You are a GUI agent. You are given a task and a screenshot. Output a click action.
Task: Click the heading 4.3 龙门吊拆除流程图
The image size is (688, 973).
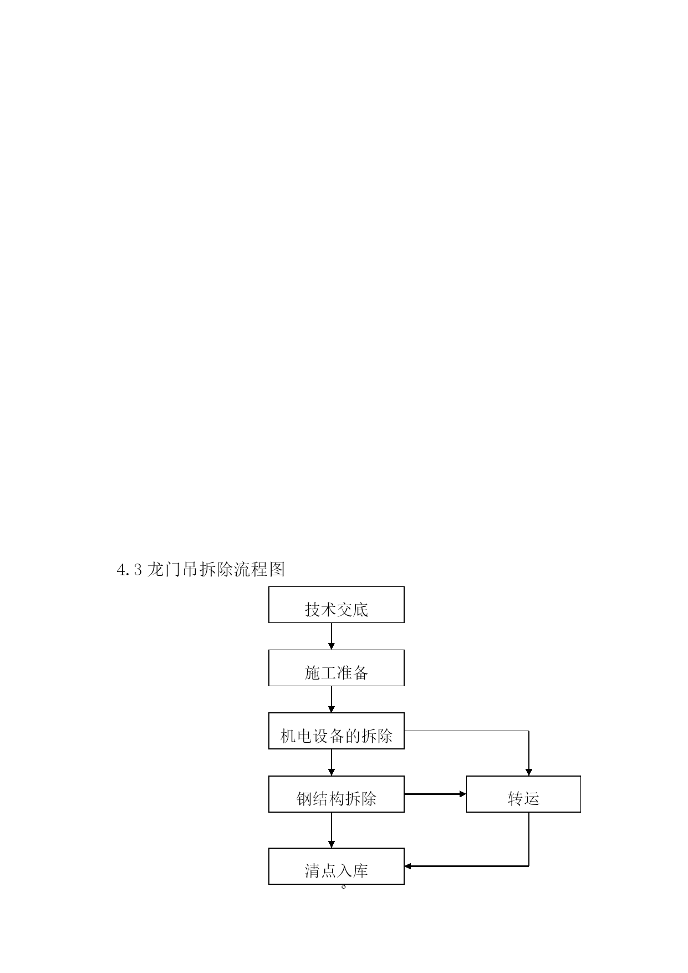(201, 569)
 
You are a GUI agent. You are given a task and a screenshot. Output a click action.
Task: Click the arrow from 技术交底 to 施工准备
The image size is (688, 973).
(332, 636)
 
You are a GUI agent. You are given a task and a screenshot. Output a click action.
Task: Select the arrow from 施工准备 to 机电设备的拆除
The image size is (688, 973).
(332, 700)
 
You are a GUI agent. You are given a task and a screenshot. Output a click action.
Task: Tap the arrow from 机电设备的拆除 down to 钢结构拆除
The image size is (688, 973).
(332, 763)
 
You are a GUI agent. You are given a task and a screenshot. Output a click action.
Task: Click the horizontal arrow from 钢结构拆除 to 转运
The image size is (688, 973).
(435, 794)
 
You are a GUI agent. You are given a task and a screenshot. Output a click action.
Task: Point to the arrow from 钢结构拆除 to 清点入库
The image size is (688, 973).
(332, 830)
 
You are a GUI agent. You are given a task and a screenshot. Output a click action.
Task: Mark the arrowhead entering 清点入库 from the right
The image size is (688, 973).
(407, 866)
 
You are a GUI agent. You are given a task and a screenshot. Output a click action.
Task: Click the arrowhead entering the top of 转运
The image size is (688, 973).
(529, 773)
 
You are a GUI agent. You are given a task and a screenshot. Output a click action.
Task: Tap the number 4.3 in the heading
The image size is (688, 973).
(130, 570)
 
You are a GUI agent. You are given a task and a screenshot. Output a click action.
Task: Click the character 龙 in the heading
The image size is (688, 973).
(156, 569)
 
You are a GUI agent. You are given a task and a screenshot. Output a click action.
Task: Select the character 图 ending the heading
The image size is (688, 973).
(277, 569)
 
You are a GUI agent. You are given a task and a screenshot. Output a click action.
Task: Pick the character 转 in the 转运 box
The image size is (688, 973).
(516, 798)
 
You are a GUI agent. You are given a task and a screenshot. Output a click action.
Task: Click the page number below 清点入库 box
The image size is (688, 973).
(344, 887)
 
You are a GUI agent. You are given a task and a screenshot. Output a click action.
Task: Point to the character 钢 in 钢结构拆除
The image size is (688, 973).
(304, 799)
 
